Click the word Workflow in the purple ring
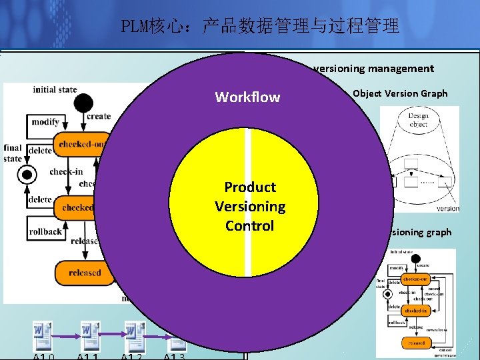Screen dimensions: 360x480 click(x=247, y=97)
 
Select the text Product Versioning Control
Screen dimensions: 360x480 click(x=250, y=206)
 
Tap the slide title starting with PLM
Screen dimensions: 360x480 click(x=260, y=27)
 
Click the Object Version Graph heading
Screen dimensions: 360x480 click(x=400, y=93)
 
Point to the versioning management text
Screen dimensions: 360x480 click(x=373, y=68)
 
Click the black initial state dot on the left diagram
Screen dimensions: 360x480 click(x=83, y=103)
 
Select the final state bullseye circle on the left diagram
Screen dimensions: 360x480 click(x=26, y=175)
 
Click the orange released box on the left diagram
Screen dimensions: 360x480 click(x=84, y=272)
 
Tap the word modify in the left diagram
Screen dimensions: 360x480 click(x=45, y=122)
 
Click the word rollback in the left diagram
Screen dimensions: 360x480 click(x=46, y=231)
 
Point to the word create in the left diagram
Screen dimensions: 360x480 click(x=99, y=116)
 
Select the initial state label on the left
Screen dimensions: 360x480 click(x=55, y=90)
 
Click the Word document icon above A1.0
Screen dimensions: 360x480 click(x=43, y=333)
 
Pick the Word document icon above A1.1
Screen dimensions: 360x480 click(x=89, y=333)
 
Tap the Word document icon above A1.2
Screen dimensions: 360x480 click(x=135, y=333)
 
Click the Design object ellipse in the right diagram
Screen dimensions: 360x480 click(x=418, y=120)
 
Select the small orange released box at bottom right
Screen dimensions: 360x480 click(x=417, y=343)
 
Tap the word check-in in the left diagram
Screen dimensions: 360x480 click(x=66, y=171)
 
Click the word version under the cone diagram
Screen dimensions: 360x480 click(x=447, y=209)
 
